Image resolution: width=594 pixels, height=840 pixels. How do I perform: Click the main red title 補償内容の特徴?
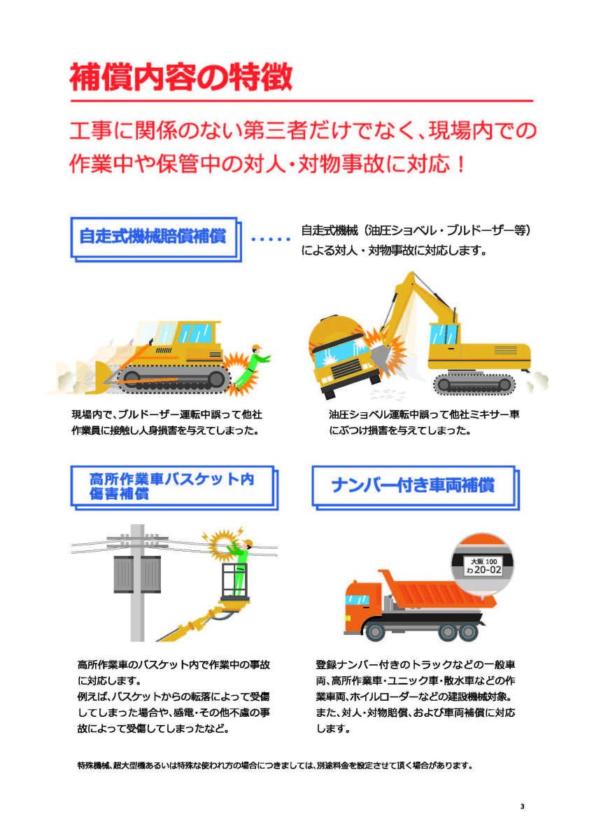(x=181, y=77)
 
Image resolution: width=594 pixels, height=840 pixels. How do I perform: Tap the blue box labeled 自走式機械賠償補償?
(x=156, y=239)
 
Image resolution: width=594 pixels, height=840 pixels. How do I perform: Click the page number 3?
(x=523, y=806)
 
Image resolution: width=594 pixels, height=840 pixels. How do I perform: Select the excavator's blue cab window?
(x=444, y=334)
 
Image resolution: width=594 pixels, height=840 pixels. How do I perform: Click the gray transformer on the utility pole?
(x=137, y=574)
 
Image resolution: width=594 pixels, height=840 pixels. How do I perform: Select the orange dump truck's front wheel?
(x=375, y=631)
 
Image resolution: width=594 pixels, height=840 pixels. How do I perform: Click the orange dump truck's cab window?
(x=357, y=599)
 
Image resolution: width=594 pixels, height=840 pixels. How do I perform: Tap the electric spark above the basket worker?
(x=222, y=542)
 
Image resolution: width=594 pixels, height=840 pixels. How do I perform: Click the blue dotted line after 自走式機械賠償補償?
(x=271, y=239)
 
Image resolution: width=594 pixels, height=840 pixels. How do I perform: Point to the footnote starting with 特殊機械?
(x=274, y=765)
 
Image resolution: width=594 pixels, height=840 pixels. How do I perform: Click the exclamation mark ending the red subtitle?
(x=461, y=164)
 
